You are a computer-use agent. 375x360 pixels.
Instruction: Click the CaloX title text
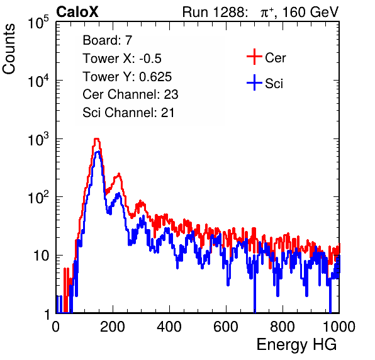point(77,11)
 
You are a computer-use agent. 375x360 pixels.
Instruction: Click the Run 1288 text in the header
point(214,12)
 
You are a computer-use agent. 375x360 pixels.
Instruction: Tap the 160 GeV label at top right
point(310,12)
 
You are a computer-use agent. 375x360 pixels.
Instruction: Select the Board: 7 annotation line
point(108,40)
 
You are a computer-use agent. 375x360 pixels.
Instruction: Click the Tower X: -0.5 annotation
point(122,59)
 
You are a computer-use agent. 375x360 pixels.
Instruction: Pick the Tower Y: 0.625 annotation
point(127,77)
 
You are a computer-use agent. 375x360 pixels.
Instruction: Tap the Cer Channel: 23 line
point(130,94)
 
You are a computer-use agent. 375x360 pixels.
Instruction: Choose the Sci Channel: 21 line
point(128,113)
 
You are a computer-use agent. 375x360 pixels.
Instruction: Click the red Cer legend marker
point(254,57)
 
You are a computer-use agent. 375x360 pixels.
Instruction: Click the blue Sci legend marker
point(254,82)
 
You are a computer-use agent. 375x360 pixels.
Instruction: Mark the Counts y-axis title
point(9,49)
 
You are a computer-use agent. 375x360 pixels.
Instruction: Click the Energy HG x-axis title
point(297,344)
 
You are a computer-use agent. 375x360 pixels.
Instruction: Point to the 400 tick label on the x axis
point(169,327)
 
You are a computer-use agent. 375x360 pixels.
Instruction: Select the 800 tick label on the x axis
point(283,327)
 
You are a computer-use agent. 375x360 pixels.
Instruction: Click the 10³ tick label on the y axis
point(38,139)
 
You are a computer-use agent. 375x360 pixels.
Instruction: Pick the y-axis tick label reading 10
point(42,256)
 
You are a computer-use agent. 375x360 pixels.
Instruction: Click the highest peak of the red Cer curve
point(96,139)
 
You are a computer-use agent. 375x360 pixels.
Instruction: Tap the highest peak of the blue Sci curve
point(98,152)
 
